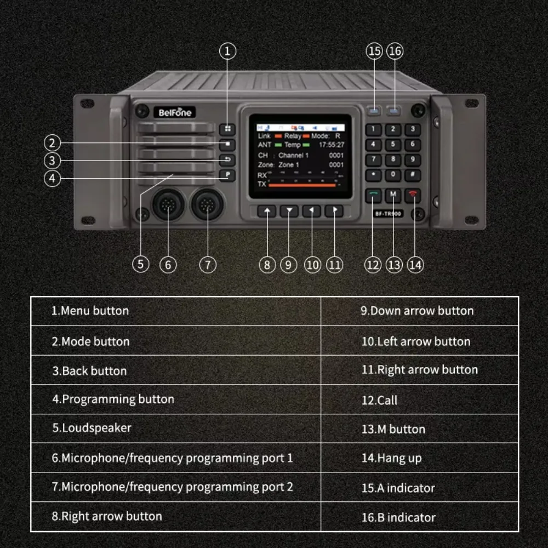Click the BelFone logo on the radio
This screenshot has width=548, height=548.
[x=175, y=112]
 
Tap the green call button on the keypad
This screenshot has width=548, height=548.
[x=374, y=195]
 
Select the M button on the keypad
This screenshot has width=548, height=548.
[x=393, y=195]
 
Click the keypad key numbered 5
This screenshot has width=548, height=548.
[x=393, y=145]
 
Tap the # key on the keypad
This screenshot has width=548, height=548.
[x=412, y=175]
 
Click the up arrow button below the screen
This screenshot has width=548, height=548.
[x=267, y=211]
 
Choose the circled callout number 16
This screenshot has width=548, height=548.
[x=395, y=52]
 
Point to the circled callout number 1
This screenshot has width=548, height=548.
[x=228, y=52]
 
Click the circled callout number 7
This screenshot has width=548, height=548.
[x=208, y=265]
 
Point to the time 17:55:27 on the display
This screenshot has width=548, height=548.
[x=332, y=145]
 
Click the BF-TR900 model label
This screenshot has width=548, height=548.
[x=388, y=214]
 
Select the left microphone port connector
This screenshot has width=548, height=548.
[x=167, y=205]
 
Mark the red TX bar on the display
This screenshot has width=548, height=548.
[x=301, y=185]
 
